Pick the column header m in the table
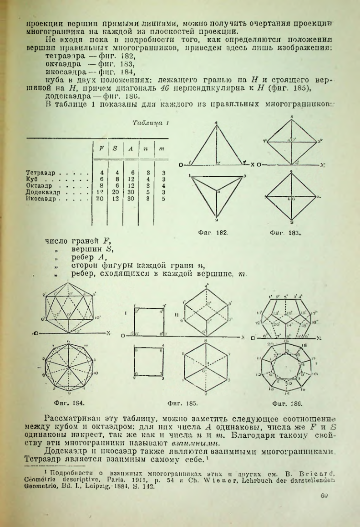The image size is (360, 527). pos(161,148)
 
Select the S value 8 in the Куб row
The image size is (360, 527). pos(116,179)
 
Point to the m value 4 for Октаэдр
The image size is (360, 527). pos(161,186)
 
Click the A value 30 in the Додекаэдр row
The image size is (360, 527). pos(130,192)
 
